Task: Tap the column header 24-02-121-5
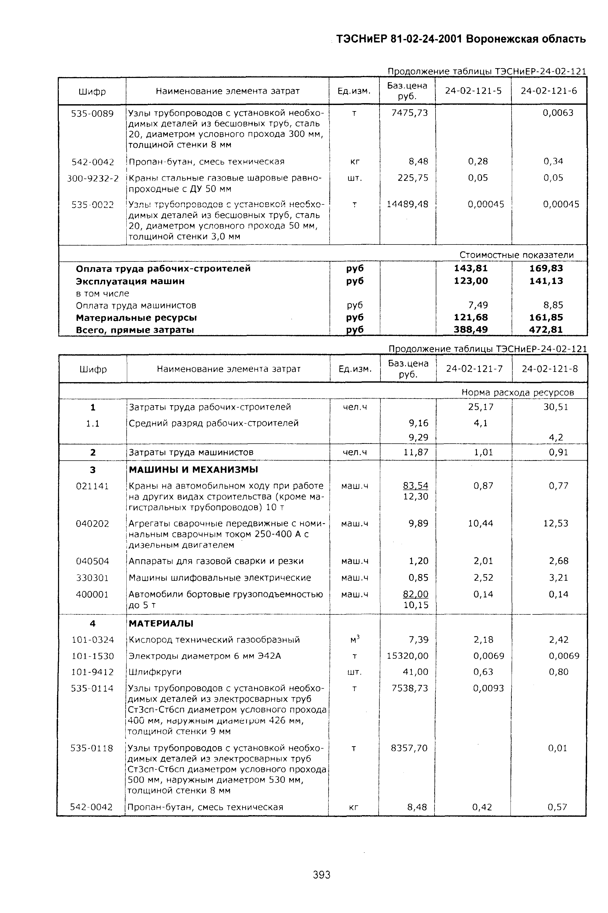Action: (x=473, y=91)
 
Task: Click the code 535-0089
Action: (x=92, y=113)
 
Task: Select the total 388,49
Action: (x=471, y=330)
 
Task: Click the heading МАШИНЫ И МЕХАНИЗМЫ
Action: (x=193, y=470)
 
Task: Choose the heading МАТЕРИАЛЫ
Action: (x=161, y=623)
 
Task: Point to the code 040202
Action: (x=92, y=523)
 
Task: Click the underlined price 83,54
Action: (x=416, y=486)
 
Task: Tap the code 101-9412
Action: (x=92, y=672)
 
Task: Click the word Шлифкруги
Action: (x=155, y=672)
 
